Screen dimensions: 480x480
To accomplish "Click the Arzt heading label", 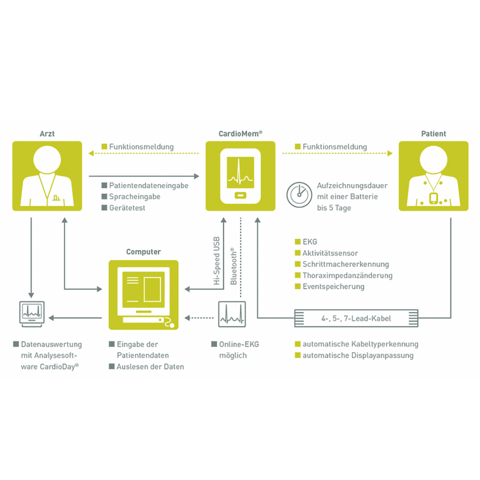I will tap(47, 134).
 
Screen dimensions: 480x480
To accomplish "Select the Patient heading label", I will tap(433, 134).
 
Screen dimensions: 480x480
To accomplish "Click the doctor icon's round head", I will tap(47, 159).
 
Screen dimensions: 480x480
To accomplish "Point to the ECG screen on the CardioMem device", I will tap(240, 173).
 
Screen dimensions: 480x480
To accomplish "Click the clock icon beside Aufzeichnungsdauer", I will tap(299, 195).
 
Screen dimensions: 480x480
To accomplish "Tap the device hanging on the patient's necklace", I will tap(433, 198).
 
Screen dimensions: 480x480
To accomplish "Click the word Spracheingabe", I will tap(134, 197).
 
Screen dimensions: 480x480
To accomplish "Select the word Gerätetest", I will tap(127, 208).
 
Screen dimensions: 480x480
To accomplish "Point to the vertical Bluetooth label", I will tap(234, 266).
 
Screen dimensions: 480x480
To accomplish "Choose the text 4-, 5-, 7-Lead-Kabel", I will tap(356, 318).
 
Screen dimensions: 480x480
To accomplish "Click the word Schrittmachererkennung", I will tap(346, 264).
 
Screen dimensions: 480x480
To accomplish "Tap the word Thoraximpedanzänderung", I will tap(347, 276).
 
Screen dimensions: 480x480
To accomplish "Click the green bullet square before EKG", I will tap(298, 242).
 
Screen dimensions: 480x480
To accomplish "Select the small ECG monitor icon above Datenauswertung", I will tap(32, 314).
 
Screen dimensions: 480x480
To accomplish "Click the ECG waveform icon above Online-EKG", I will tap(232, 314).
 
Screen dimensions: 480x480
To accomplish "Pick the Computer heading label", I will tap(143, 252).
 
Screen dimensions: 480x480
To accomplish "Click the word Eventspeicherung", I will tap(333, 287).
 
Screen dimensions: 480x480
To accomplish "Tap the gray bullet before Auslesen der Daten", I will tap(112, 366).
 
